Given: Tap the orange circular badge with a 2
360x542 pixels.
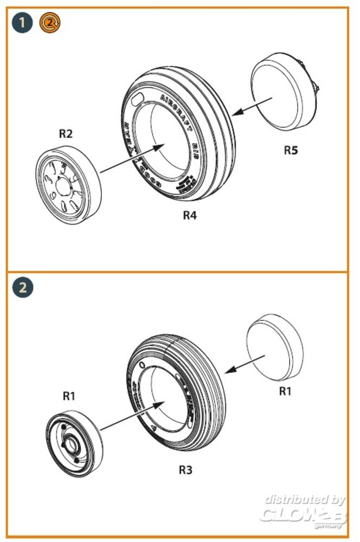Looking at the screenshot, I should coord(50,23).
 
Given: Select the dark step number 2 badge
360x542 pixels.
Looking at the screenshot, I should coord(22,287).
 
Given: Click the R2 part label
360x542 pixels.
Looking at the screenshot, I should coord(66,133).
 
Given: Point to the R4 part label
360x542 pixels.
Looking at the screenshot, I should coord(189,215).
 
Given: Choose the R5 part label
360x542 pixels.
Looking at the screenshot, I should coord(291,150).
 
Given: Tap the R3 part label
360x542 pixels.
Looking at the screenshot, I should coord(186,470).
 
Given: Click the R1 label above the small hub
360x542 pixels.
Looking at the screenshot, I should coord(68,396).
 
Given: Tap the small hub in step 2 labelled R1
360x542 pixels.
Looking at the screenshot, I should coord(72,443).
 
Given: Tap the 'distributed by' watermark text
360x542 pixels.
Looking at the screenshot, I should coord(305,499).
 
